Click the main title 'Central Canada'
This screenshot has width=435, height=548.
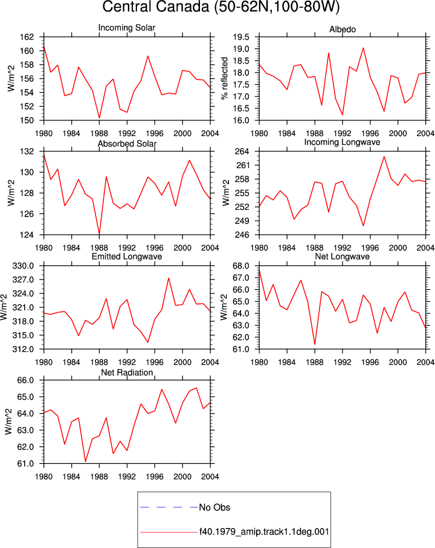click(x=156, y=7)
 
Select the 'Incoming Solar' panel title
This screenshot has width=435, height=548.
click(x=127, y=28)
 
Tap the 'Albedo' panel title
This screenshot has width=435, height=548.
click(x=343, y=30)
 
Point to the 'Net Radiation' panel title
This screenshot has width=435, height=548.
click(x=127, y=373)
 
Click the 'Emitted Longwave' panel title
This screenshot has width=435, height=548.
click(x=127, y=256)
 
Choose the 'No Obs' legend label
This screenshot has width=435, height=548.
click(x=214, y=507)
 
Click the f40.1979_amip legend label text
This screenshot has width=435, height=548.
click(x=264, y=532)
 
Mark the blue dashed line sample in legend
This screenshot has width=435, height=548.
click(x=169, y=507)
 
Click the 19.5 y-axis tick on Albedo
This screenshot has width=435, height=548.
click(x=241, y=37)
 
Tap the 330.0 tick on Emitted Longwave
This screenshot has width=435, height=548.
click(x=24, y=266)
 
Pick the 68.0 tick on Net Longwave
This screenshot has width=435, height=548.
click(x=241, y=266)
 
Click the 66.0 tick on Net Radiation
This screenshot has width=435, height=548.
click(x=26, y=380)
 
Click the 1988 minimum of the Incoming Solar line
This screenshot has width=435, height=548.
click(x=99, y=119)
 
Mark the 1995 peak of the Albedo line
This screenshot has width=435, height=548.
click(x=363, y=48)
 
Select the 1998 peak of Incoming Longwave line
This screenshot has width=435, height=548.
click(x=384, y=156)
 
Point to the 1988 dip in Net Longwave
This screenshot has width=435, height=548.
click(x=315, y=345)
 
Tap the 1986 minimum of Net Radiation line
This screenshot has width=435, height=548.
click(x=86, y=462)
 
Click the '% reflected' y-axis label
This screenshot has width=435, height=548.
click(x=225, y=78)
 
